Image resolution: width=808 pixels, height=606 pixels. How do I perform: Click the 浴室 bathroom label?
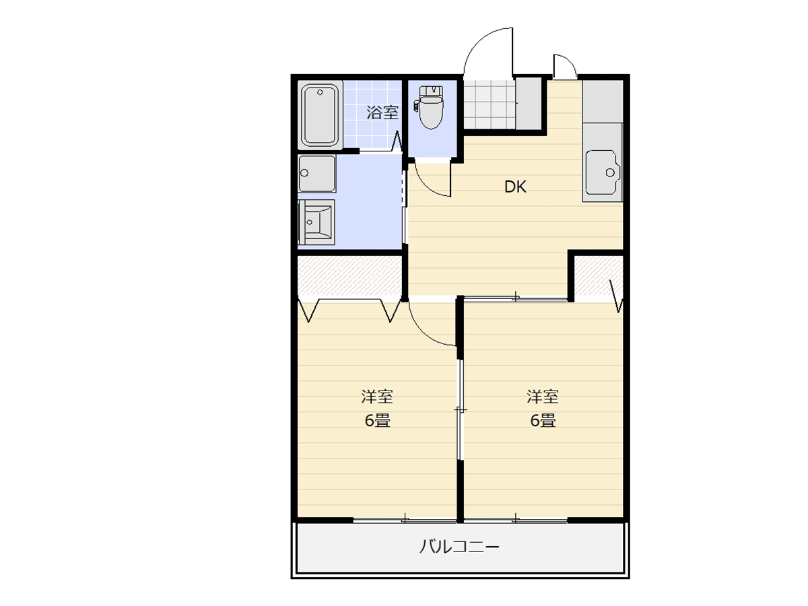click(x=382, y=112)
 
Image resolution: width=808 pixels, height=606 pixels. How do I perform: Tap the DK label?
click(x=515, y=187)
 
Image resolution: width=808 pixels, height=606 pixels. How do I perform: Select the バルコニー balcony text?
click(x=459, y=547)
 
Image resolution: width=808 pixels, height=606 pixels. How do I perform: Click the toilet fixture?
click(x=431, y=107)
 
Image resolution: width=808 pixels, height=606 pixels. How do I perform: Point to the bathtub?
click(x=320, y=115)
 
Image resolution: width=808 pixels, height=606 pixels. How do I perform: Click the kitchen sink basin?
click(x=602, y=172)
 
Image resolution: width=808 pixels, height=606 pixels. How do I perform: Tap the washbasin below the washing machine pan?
click(x=316, y=222)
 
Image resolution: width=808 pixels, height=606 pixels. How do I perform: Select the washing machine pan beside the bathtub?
click(x=317, y=174)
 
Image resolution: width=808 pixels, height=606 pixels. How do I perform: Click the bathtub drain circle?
click(x=320, y=92)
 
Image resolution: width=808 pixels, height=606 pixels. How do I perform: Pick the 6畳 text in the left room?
click(x=377, y=420)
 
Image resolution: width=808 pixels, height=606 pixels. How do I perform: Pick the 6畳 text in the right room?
click(x=543, y=420)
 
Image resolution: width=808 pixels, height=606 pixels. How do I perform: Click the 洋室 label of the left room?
click(x=377, y=397)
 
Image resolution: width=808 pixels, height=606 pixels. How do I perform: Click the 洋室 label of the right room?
click(x=543, y=397)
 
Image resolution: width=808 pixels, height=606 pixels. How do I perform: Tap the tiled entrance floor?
click(x=490, y=104)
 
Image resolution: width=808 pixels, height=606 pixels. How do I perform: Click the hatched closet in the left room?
click(x=349, y=275)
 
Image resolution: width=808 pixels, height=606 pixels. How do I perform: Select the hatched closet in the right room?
click(x=599, y=275)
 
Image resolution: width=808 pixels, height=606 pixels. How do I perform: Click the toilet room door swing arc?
click(x=427, y=187)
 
